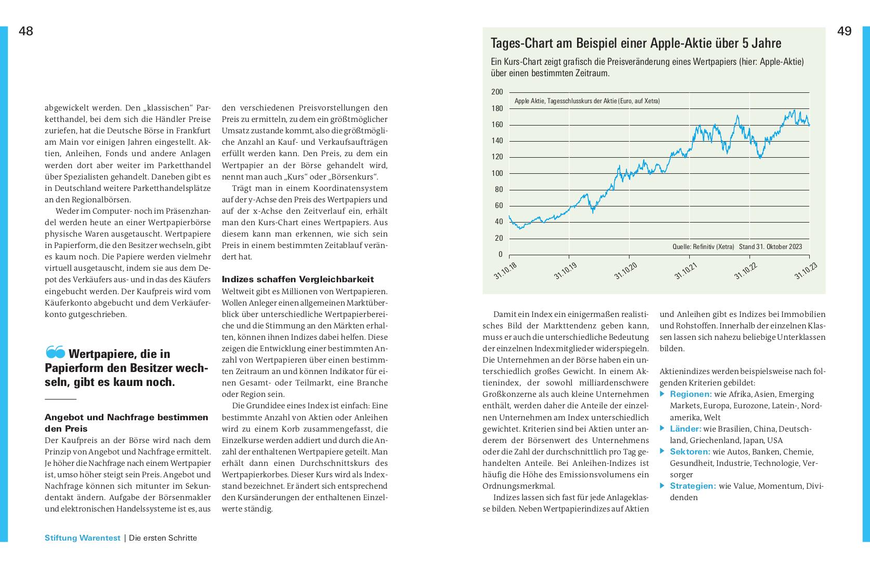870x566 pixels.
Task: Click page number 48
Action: point(26,31)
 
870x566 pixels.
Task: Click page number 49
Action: point(845,31)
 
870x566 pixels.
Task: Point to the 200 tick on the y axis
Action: point(497,92)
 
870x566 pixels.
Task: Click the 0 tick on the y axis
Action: point(501,254)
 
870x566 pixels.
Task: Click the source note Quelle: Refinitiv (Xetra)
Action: point(703,247)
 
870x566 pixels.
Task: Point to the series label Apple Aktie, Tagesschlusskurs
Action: point(587,101)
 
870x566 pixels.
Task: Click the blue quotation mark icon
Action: point(55,353)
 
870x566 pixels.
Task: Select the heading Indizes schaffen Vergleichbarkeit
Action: point(298,279)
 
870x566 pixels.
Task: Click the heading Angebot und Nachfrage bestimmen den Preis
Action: point(126,423)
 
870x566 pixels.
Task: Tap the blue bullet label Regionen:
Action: point(691,394)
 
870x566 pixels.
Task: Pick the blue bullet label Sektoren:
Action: point(690,452)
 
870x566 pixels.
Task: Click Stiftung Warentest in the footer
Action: point(82,538)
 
